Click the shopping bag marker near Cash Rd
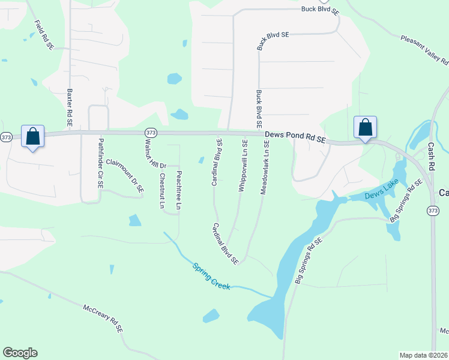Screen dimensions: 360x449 [x=365, y=128]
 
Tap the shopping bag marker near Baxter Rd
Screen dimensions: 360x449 [x=32, y=137]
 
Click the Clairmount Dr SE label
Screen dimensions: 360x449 [x=125, y=175]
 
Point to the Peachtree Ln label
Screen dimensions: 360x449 [x=178, y=191]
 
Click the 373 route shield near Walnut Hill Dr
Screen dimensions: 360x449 [x=151, y=132]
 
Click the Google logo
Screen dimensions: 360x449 [x=20, y=353]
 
